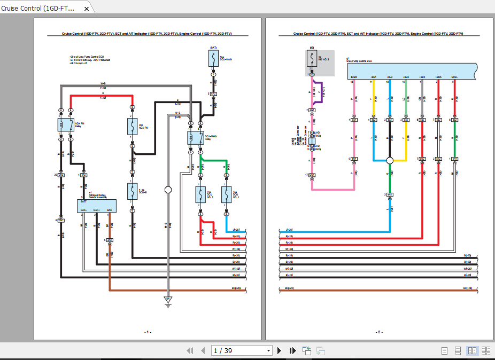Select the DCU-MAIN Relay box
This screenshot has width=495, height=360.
[x=195, y=138]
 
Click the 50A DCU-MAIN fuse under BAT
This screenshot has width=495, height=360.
[x=213, y=60]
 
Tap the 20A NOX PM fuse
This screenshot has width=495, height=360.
[x=131, y=127]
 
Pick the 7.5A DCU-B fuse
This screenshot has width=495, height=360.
[x=132, y=191]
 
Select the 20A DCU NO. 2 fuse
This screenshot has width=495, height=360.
[x=226, y=195]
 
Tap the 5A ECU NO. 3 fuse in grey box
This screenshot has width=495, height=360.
[x=312, y=59]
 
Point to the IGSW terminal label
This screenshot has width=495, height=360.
[x=353, y=77]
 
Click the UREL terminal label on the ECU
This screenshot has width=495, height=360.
[x=454, y=77]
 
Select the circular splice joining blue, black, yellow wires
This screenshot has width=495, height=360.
[x=390, y=160]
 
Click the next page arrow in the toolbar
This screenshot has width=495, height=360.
[x=279, y=350]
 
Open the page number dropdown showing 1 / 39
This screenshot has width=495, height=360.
[x=269, y=350]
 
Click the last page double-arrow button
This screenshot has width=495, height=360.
[x=292, y=350]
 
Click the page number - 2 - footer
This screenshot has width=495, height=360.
[x=379, y=332]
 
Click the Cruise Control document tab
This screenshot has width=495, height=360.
[x=43, y=8]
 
